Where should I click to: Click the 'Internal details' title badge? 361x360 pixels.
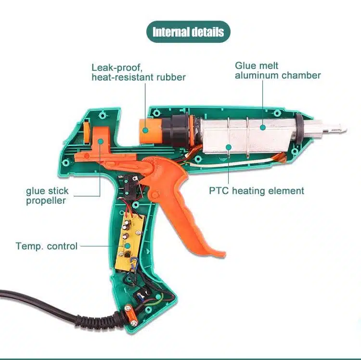click(x=188, y=32)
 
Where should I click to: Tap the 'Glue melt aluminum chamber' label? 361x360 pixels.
click(x=278, y=70)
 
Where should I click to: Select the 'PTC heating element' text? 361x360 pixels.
click(x=257, y=191)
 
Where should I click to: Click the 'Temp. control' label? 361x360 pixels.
click(x=47, y=246)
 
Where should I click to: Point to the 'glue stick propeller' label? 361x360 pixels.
click(x=47, y=196)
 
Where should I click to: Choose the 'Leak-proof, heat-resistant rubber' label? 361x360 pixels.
click(x=139, y=72)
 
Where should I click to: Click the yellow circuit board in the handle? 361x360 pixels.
click(x=130, y=243)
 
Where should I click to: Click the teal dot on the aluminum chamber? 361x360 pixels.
click(x=263, y=127)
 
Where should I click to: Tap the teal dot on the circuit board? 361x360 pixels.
click(x=127, y=246)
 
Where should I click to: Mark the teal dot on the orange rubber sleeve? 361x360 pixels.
click(x=145, y=130)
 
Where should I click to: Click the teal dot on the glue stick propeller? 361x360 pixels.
click(x=100, y=141)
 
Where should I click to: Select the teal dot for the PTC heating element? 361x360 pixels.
click(x=228, y=147)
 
